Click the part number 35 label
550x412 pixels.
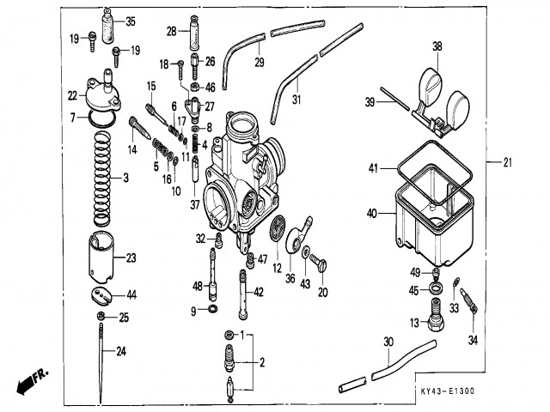point(131,21)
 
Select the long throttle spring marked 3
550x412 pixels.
point(102,178)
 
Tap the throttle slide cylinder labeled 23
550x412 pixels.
point(101,257)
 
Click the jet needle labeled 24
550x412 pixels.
point(101,362)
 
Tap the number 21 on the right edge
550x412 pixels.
point(508,162)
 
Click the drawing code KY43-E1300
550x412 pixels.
point(447,391)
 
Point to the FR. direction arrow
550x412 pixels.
point(33,382)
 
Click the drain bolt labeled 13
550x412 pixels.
point(435,315)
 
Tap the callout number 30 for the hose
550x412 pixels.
point(388,342)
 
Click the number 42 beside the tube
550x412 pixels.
point(259,292)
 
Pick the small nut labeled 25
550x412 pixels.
point(101,316)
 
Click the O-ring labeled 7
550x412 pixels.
point(101,118)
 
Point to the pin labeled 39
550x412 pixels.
point(395,100)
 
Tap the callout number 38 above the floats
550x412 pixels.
point(437,46)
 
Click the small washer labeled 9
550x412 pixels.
point(212,309)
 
